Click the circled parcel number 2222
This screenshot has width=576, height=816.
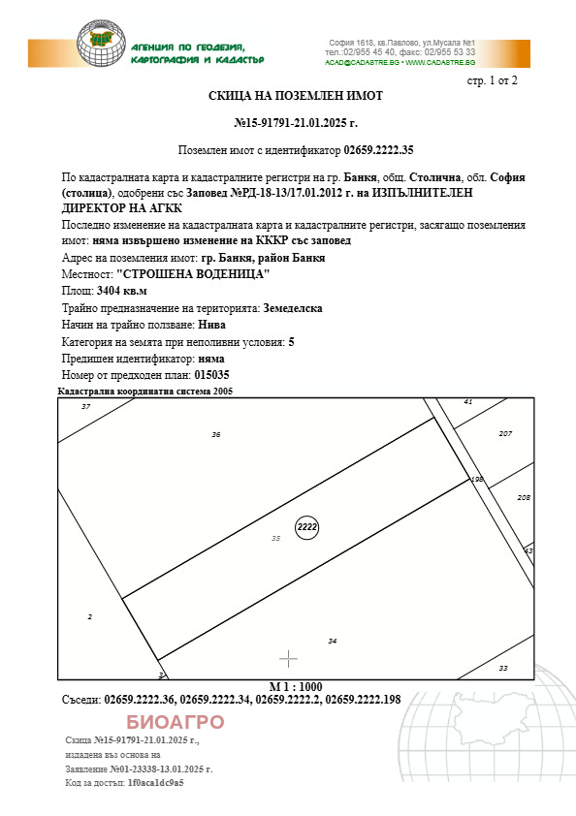tap(307, 526)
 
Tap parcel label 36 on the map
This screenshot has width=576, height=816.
tap(216, 435)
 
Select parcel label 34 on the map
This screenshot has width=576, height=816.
tap(333, 642)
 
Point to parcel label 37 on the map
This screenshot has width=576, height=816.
tap(85, 406)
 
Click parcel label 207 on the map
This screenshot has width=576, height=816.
tap(505, 433)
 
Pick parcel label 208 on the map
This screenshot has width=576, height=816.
tap(524, 497)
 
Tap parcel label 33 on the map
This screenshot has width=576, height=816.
tap(502, 668)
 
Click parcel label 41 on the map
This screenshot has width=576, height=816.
tap(468, 401)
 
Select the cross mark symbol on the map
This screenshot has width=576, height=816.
tap(288, 660)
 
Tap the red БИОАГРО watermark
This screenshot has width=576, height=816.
tap(176, 722)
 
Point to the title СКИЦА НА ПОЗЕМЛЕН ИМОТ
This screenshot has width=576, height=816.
tap(296, 96)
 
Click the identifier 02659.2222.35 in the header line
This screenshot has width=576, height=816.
tap(378, 150)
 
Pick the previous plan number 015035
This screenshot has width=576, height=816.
tap(212, 375)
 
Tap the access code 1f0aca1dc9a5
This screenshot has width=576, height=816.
tap(156, 782)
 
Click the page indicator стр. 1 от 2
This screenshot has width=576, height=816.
tap(493, 79)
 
